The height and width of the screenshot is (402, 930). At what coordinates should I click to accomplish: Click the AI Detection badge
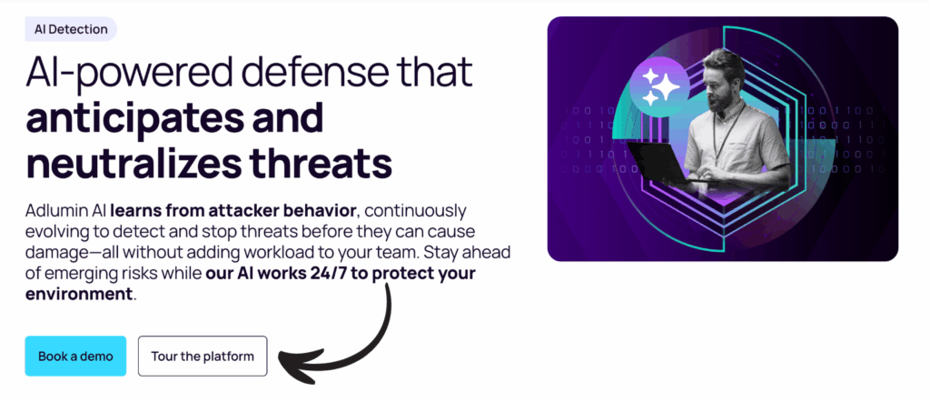coord(71,29)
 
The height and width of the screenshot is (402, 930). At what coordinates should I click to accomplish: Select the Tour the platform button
coord(203,356)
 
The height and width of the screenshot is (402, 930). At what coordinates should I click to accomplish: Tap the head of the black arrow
coord(289,364)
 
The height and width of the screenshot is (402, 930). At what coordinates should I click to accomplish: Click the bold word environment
coord(79,295)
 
